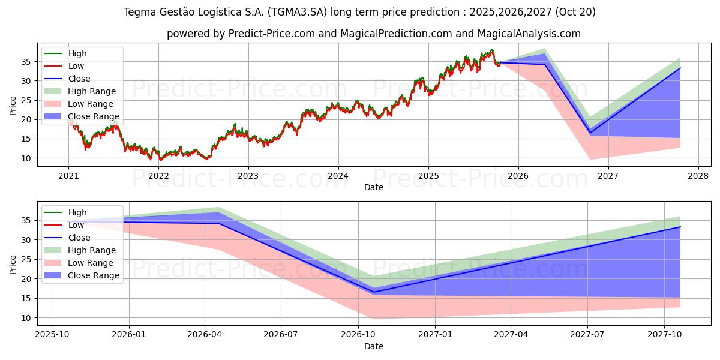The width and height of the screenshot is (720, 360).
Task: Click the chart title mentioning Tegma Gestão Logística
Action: click(x=359, y=12)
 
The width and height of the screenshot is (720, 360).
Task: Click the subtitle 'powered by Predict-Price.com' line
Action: click(x=373, y=34)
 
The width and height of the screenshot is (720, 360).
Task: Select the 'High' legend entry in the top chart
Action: click(x=77, y=53)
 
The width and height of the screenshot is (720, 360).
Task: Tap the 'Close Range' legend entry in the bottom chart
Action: click(x=94, y=275)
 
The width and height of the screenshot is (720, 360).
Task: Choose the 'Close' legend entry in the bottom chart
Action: click(x=79, y=238)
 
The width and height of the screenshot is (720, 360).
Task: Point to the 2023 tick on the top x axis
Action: click(x=248, y=176)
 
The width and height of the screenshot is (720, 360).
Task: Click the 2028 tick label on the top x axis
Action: click(x=698, y=176)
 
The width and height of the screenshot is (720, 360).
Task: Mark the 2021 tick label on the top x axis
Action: click(x=68, y=176)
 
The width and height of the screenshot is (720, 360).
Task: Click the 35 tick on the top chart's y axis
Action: click(x=26, y=61)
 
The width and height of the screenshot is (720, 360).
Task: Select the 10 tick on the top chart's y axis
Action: click(x=26, y=158)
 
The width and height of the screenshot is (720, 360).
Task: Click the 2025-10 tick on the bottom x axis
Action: click(x=52, y=335)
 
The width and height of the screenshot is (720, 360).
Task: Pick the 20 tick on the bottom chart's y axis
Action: click(x=26, y=279)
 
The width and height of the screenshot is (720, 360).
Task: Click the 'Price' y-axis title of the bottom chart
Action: click(x=13, y=263)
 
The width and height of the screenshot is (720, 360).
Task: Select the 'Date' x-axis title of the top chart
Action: click(x=373, y=187)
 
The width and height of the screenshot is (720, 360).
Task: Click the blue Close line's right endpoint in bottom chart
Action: click(x=680, y=227)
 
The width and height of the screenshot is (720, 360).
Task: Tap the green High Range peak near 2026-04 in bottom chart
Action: click(x=220, y=208)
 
